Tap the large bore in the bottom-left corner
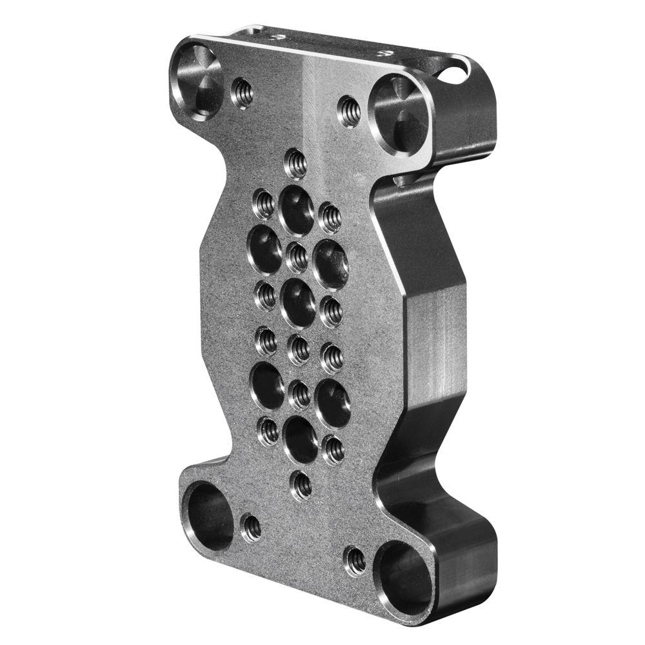(x=208, y=516)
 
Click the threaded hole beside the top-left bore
(x=243, y=93)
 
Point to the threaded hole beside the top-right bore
(x=349, y=111)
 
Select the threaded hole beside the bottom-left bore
(x=252, y=528)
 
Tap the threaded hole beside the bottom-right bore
(x=355, y=561)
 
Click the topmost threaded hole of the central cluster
(x=295, y=163)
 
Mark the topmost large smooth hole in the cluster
(x=297, y=210)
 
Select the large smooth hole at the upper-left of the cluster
(x=265, y=249)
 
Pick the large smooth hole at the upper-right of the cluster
(x=331, y=263)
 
